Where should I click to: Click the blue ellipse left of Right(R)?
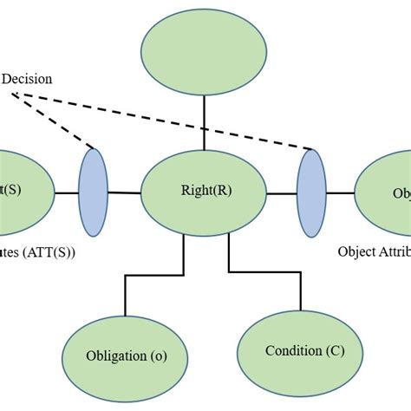click(x=94, y=191)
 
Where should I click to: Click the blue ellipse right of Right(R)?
click(x=310, y=191)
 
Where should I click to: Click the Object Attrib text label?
click(x=374, y=252)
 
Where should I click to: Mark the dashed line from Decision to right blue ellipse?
click(x=173, y=121)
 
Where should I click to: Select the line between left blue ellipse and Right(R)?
click(x=124, y=192)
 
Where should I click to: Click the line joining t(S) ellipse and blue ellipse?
click(x=67, y=192)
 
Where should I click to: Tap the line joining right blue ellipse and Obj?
click(x=340, y=192)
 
